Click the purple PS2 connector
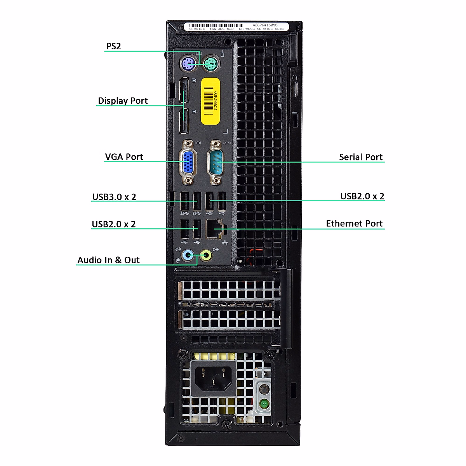[x=188, y=63]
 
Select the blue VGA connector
[x=188, y=162]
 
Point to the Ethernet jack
[x=215, y=229]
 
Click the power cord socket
[x=213, y=379]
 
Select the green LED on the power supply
[x=264, y=404]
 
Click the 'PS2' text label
[x=114, y=46]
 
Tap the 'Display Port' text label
[x=123, y=101]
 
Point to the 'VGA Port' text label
[x=124, y=157]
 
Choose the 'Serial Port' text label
[x=361, y=157]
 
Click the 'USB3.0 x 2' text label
[x=114, y=197]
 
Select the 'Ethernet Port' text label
[x=354, y=224]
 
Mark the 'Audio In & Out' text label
[x=108, y=260]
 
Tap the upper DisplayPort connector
[x=184, y=92]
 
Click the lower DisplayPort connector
[x=184, y=121]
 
